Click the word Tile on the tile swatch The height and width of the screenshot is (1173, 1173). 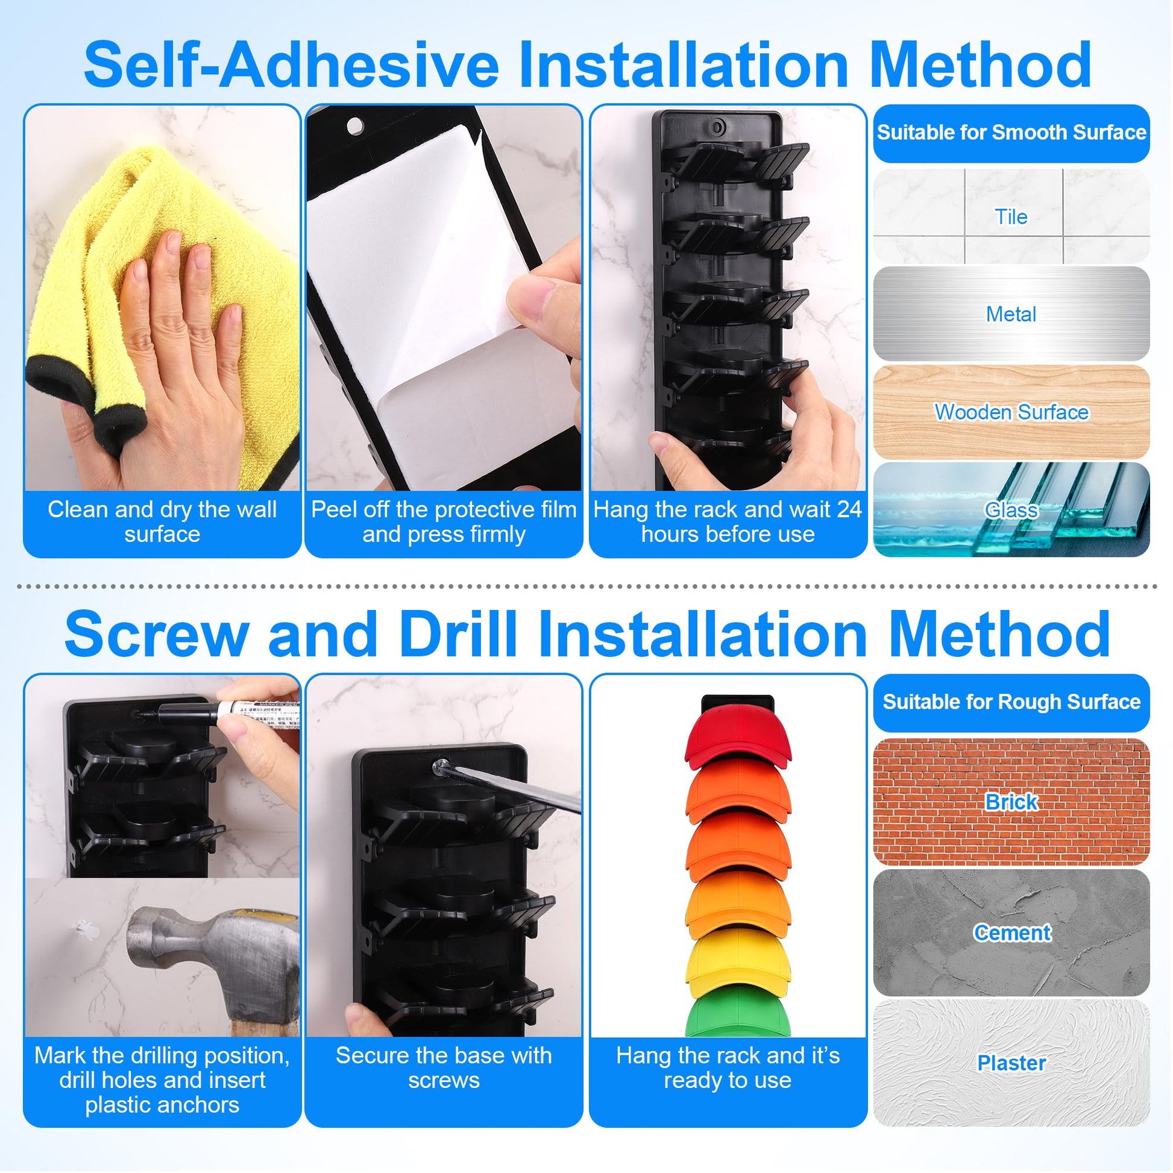(x=1011, y=217)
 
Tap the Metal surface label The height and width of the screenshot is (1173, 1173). (x=1011, y=314)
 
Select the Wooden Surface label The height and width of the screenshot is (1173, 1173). (x=1011, y=412)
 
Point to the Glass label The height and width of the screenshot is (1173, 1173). (x=1011, y=510)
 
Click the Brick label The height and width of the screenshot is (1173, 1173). (x=1011, y=802)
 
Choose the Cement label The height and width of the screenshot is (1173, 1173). (x=1011, y=932)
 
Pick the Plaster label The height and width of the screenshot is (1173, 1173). (x=1011, y=1063)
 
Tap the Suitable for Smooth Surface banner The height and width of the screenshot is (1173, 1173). (x=1011, y=133)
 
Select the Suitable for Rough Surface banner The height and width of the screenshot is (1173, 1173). (x=1011, y=702)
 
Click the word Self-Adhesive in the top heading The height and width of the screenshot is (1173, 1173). (x=291, y=65)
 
